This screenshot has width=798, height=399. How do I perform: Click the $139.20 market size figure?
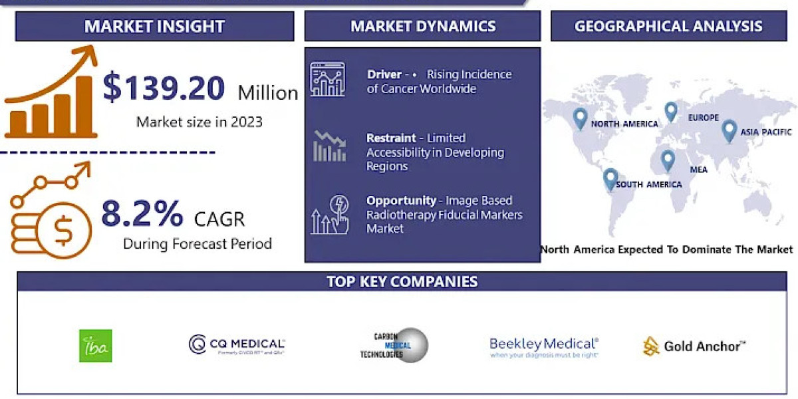164,89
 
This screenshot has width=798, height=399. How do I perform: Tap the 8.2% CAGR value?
142,214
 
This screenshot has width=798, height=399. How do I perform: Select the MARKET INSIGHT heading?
154,27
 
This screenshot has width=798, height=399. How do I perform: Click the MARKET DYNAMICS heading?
423,27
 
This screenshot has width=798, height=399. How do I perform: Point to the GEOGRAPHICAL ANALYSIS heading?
668,27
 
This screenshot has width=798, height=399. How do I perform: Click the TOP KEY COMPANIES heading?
402,281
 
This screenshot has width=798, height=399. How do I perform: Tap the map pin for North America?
581,118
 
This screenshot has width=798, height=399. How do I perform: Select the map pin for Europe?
670,111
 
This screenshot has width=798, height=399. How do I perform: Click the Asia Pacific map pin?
729,130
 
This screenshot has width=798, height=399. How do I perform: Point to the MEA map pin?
667,160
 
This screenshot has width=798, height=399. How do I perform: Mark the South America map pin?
610,179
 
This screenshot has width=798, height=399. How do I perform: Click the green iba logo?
96,346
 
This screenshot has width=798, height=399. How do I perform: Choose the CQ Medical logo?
237,345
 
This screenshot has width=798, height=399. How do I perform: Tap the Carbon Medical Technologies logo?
394,345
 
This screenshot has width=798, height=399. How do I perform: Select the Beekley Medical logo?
544,346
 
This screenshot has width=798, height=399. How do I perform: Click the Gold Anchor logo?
694,346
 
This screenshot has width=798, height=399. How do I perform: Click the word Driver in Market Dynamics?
384,74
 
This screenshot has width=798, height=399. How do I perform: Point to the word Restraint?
391,138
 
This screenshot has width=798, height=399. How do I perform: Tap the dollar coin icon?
63,230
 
